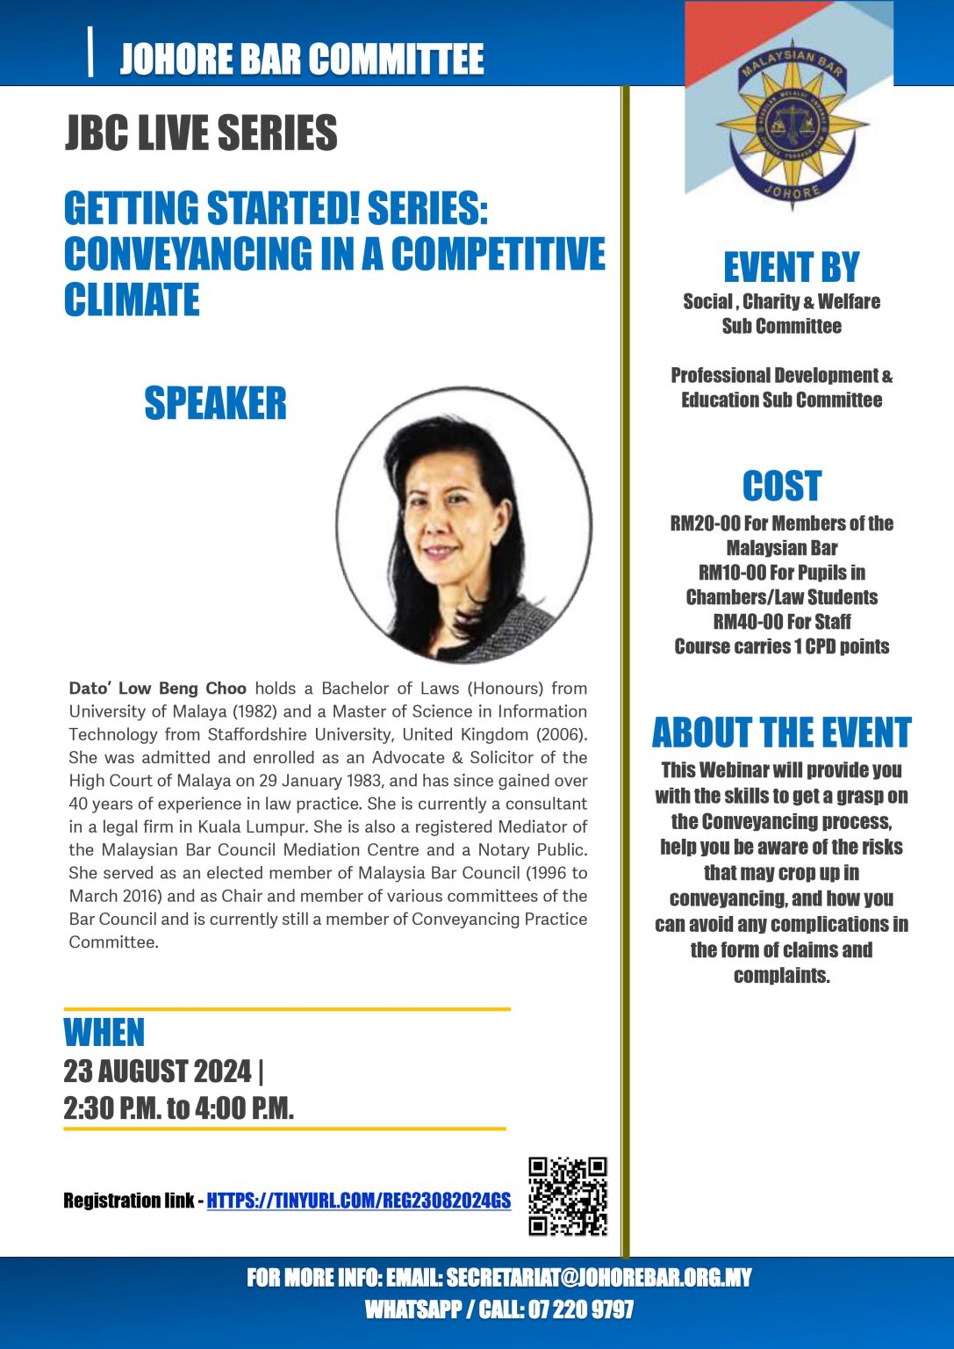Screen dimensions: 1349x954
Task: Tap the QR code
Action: point(567,1196)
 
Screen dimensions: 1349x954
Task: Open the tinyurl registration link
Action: point(358,1201)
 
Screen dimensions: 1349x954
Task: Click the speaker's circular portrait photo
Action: point(463,525)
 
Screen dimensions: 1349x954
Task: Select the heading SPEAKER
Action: point(215,404)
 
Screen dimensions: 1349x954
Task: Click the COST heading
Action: point(781,486)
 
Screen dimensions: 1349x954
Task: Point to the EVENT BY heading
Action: point(791,268)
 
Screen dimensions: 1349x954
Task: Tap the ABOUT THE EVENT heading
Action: point(781,732)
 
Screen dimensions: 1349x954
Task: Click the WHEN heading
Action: point(104,1033)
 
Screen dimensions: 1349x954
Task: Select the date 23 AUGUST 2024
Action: point(157,1071)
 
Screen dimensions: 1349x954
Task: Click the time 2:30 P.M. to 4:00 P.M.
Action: point(178,1108)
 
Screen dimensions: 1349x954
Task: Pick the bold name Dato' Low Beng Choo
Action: point(158,689)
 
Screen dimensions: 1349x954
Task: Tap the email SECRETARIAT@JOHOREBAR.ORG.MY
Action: point(599,1277)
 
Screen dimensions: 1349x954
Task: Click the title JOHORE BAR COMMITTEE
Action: point(301,59)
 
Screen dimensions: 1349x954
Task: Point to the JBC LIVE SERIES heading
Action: point(201,133)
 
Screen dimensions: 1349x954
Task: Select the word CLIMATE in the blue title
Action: point(132,299)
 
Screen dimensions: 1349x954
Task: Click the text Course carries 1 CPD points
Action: point(781,646)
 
